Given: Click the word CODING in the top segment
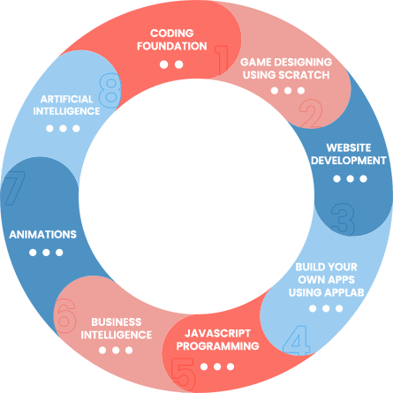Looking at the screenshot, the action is pyautogui.click(x=172, y=34).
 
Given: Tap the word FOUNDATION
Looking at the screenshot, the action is pyautogui.click(x=172, y=46).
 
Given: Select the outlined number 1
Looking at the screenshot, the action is pyautogui.click(x=222, y=60).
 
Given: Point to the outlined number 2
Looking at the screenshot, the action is pyautogui.click(x=311, y=113).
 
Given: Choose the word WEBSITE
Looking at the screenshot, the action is pyautogui.click(x=349, y=147).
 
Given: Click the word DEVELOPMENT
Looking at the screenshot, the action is pyautogui.click(x=349, y=161).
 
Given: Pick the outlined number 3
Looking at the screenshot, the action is pyautogui.click(x=343, y=218).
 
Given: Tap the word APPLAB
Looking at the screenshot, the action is pyautogui.click(x=344, y=292).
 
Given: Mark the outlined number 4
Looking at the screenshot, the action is pyautogui.click(x=296, y=340).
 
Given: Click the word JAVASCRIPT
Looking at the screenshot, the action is pyautogui.click(x=217, y=333).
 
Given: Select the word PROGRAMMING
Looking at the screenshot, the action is pyautogui.click(x=217, y=346).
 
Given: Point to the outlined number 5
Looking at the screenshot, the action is pyautogui.click(x=183, y=373).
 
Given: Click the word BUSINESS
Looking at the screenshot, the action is pyautogui.click(x=117, y=322).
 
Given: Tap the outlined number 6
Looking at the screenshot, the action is pyautogui.click(x=66, y=315).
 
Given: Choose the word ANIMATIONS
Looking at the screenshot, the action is pyautogui.click(x=43, y=235).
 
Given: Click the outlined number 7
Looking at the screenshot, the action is pyautogui.click(x=13, y=188).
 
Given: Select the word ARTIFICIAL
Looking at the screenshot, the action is pyautogui.click(x=66, y=99).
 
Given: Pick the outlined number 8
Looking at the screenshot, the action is pyautogui.click(x=110, y=91).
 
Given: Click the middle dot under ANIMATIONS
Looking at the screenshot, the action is pyautogui.click(x=46, y=253).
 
